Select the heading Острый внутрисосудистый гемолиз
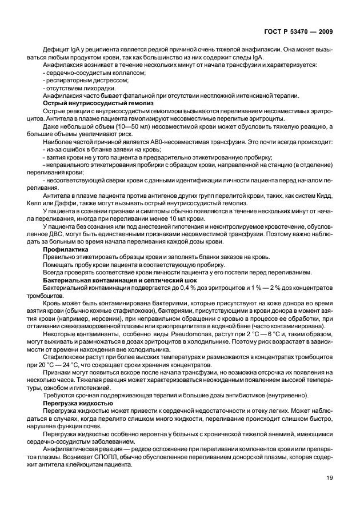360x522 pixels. pos(86,103)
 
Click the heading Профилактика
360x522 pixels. pos(66,249)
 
